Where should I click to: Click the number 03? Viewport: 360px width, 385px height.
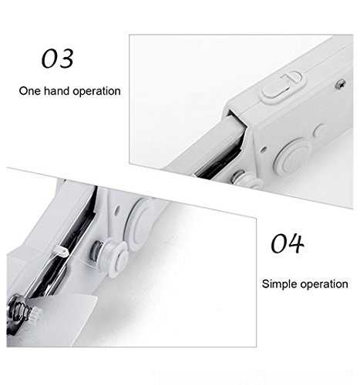coord(58,59)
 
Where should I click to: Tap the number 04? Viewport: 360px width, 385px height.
coord(288,243)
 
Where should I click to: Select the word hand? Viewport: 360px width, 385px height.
coord(56,91)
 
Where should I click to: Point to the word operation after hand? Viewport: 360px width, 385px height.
coord(96,92)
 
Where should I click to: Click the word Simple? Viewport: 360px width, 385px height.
coord(280,284)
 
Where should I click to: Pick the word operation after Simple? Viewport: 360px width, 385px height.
coord(325,284)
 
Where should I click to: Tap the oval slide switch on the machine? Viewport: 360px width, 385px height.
coord(283,87)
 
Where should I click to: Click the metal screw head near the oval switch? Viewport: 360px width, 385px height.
coord(341,85)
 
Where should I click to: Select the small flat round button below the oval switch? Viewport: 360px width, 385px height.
coord(319,130)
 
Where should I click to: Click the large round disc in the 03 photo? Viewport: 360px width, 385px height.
coord(292,157)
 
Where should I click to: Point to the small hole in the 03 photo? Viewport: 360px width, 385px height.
coord(263,149)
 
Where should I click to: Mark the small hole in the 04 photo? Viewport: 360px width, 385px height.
coord(117,212)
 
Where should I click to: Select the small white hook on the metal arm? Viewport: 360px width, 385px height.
coord(61,251)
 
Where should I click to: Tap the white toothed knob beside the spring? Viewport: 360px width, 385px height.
coord(36,313)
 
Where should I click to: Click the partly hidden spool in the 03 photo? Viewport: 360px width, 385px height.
coord(247,179)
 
